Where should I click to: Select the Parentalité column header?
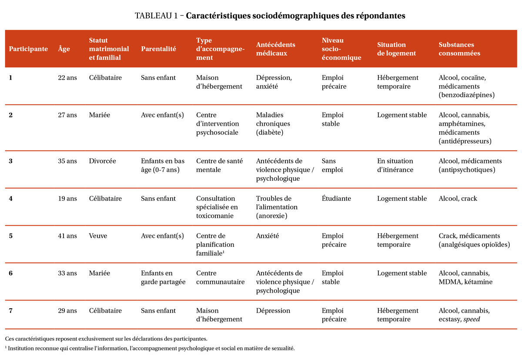158,49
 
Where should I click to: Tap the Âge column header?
64,49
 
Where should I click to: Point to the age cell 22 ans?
67,78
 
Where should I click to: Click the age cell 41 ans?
67,236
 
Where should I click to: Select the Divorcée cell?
102,161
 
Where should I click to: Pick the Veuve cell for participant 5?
98,236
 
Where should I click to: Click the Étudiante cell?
336,199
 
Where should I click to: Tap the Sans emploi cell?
332,166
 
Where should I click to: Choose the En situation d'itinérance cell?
395,166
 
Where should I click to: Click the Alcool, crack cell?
458,199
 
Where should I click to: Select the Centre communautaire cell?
220,278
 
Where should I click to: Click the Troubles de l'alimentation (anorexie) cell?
277,207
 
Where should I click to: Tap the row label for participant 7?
11,311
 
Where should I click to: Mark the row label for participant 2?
11,115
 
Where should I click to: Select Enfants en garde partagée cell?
163,278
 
